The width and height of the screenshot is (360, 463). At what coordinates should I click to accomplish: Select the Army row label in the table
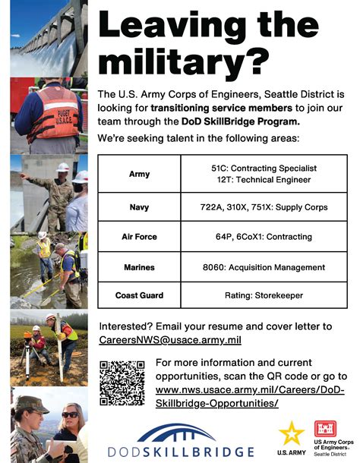tap(139, 174)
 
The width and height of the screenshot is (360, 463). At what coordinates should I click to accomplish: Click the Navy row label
tap(139, 206)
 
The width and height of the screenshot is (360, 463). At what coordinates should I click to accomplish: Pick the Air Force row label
tap(139, 237)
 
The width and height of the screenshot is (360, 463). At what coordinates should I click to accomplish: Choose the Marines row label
tap(139, 267)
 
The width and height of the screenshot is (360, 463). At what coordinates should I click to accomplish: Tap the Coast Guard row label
tap(139, 295)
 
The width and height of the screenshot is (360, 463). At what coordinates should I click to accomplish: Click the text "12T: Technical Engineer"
tap(263, 180)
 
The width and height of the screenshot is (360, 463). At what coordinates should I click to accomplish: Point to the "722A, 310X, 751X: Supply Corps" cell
tap(263, 206)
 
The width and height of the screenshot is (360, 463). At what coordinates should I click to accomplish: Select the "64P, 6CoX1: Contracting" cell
tap(263, 237)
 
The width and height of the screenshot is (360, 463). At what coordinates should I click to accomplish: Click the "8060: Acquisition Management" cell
tap(263, 267)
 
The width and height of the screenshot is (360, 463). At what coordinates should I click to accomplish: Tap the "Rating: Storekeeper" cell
tap(263, 295)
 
